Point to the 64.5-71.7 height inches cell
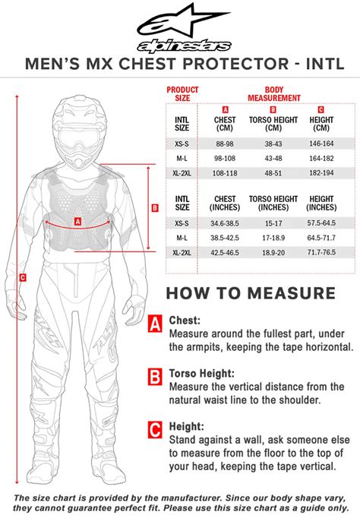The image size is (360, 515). (321, 238)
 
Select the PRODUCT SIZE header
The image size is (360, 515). (182, 93)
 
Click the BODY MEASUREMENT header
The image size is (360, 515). (273, 93)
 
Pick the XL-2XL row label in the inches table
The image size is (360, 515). (182, 251)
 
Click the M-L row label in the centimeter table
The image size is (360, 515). (182, 157)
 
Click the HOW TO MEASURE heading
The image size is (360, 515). (250, 292)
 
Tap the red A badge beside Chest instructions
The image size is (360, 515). (155, 324)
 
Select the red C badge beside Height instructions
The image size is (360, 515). (155, 431)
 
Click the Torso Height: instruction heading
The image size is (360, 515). (207, 374)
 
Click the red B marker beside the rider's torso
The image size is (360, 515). (155, 207)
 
